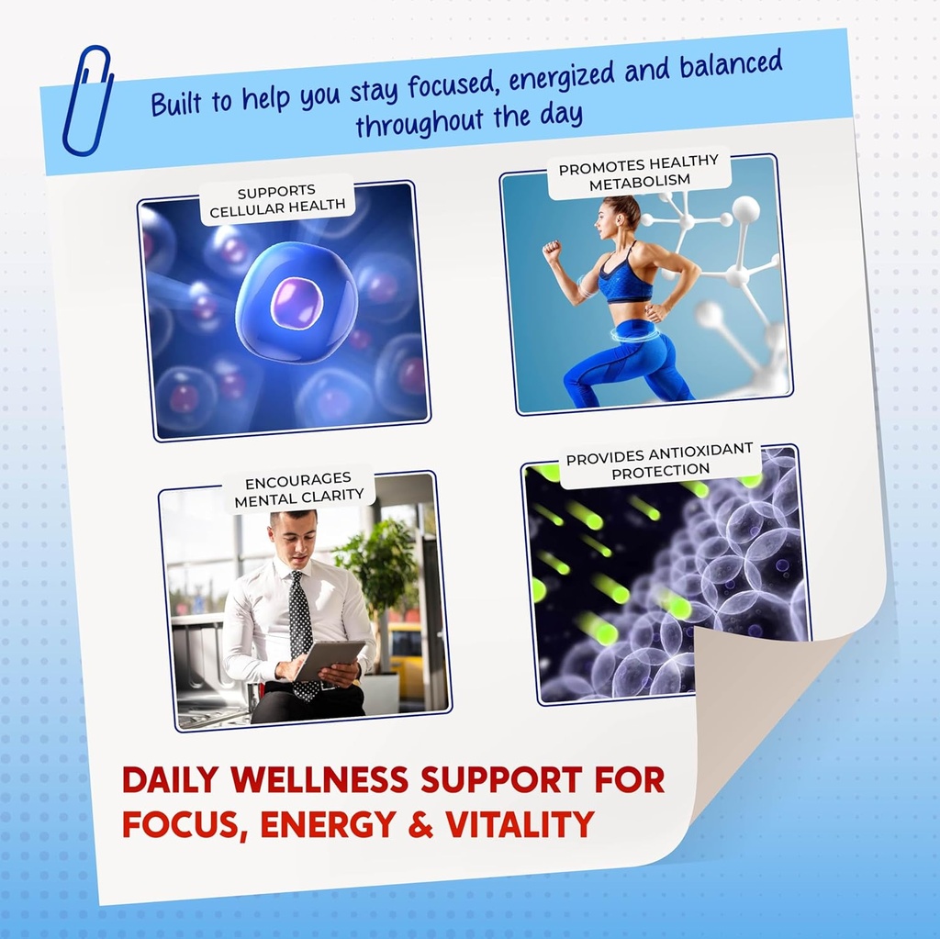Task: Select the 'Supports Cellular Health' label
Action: click(x=277, y=200)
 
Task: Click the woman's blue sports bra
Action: click(x=624, y=275)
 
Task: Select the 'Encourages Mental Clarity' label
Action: click(x=299, y=488)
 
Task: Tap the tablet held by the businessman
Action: click(x=330, y=660)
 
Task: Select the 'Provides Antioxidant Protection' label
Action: click(x=659, y=461)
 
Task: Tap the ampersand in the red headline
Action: click(x=420, y=824)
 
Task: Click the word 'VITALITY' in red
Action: click(x=520, y=824)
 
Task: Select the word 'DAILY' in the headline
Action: click(x=170, y=779)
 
